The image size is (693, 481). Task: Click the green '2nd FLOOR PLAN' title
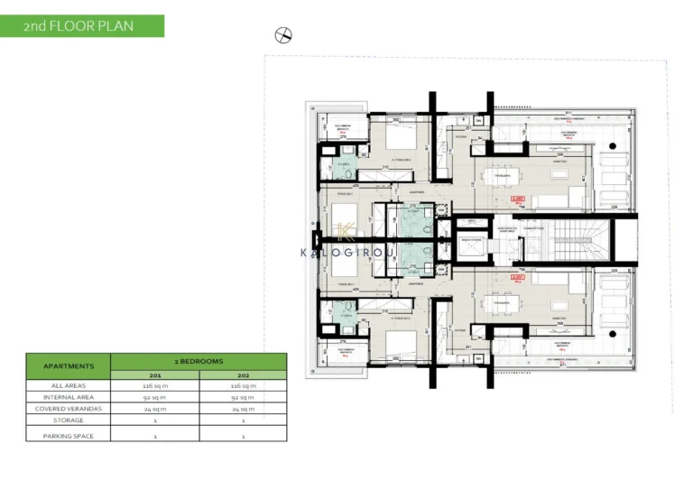[x=82, y=25]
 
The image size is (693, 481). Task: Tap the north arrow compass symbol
[x=283, y=35]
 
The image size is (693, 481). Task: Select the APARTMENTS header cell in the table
[x=68, y=366]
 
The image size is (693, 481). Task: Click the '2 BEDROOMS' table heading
[x=199, y=359]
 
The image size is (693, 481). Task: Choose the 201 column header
[x=154, y=375]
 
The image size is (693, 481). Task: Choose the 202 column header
[x=243, y=375]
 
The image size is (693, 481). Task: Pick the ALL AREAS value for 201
[x=154, y=385]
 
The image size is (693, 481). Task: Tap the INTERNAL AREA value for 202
[x=243, y=396]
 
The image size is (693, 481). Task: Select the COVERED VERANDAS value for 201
[x=154, y=408]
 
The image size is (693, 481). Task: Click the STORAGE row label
[x=68, y=421]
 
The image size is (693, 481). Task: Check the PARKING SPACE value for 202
[x=243, y=436]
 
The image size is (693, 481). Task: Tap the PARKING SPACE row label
[x=68, y=436]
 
